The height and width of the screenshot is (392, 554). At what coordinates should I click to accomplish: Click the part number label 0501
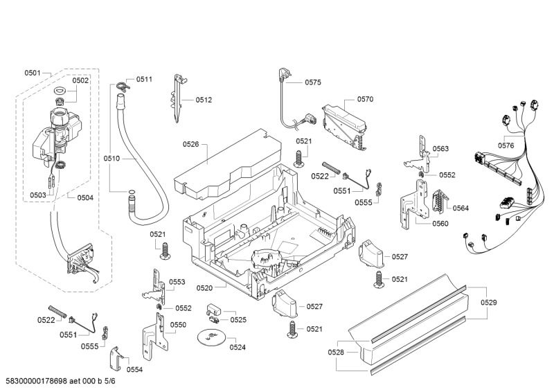point(33,73)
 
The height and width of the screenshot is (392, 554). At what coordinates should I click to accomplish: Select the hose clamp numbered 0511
point(123,87)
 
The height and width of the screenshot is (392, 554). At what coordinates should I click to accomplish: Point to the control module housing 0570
point(343,122)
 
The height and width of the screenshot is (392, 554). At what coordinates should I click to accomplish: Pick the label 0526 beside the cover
point(191,144)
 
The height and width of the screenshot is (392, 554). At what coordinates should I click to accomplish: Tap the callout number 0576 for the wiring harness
point(506,145)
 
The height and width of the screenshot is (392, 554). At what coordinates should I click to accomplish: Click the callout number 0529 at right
point(489,302)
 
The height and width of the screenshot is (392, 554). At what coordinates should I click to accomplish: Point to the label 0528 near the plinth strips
point(336,353)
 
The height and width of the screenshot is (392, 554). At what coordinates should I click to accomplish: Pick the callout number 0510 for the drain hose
point(112,159)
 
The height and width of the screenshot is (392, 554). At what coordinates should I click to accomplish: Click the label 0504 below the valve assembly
point(85,197)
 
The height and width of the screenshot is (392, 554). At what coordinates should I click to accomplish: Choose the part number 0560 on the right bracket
point(440,223)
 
